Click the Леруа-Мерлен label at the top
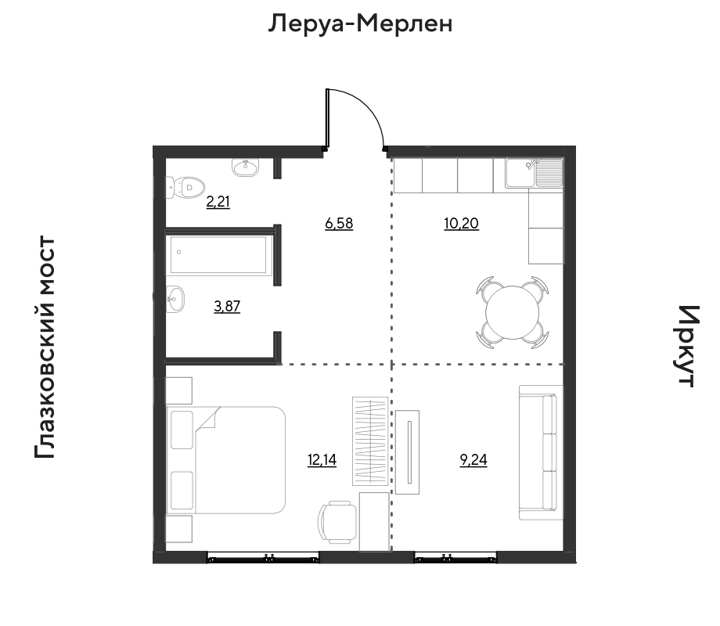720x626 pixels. [x=360, y=23]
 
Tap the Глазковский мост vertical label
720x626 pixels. [x=45, y=347]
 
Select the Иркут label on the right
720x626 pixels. [x=688, y=346]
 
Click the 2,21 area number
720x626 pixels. [x=218, y=202]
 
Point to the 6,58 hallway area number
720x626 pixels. [x=339, y=224]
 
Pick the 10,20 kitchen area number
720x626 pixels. [x=462, y=224]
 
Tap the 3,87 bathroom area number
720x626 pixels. [x=227, y=306]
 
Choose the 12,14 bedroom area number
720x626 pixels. [x=322, y=460]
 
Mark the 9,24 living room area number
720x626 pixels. [x=473, y=460]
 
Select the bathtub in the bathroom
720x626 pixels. [x=218, y=255]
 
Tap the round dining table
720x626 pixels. [x=512, y=312]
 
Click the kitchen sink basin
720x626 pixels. [x=520, y=173]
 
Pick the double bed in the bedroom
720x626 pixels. [x=226, y=460]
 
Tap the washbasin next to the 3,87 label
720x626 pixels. [x=175, y=299]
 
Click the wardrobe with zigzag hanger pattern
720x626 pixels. [x=370, y=441]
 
